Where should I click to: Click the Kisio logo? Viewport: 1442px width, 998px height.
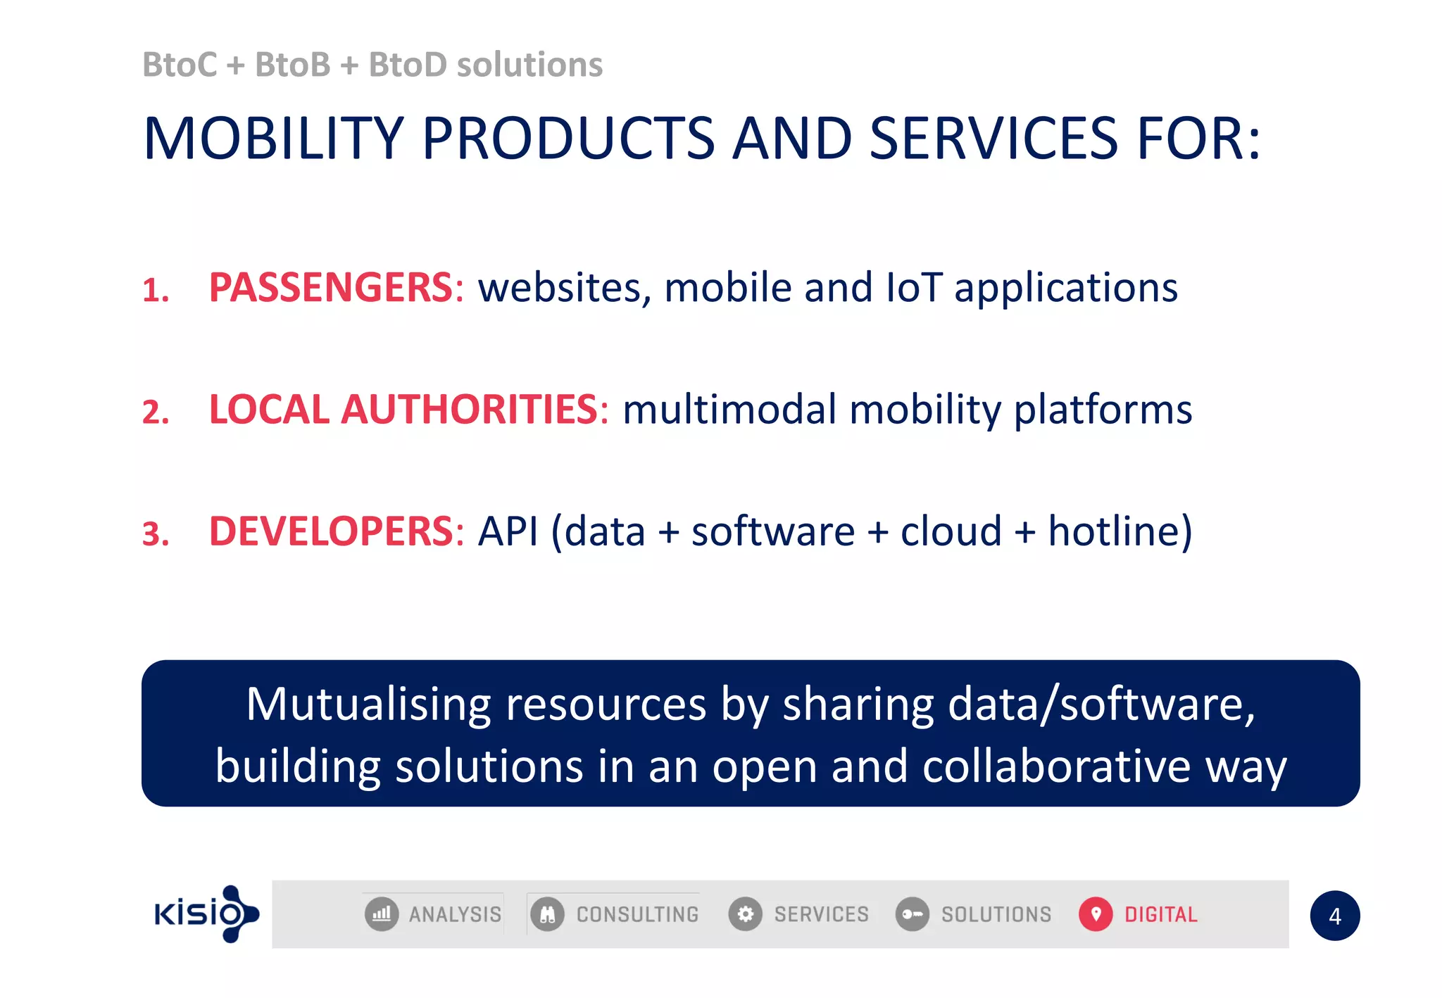point(206,914)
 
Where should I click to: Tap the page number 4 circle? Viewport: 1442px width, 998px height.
point(1334,916)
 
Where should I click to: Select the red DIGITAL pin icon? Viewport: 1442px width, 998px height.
point(1095,914)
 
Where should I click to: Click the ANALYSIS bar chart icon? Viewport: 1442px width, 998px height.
point(382,914)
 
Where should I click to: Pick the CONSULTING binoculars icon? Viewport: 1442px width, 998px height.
point(547,914)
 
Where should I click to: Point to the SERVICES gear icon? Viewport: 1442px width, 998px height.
point(745,914)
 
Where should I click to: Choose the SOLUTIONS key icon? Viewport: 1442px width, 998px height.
point(912,914)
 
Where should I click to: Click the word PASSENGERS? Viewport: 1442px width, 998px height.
point(330,288)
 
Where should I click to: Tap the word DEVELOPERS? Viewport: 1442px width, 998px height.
point(331,531)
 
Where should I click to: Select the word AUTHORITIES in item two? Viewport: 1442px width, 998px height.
point(469,410)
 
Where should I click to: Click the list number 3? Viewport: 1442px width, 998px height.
point(155,534)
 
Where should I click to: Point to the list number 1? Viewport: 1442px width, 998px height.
point(155,291)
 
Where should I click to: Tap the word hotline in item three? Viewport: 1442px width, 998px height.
point(1120,531)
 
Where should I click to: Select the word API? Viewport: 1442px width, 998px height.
point(508,531)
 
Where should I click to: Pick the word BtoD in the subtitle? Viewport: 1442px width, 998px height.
point(408,65)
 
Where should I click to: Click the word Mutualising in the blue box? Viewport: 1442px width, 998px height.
point(370,705)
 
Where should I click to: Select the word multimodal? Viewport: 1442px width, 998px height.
point(729,410)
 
